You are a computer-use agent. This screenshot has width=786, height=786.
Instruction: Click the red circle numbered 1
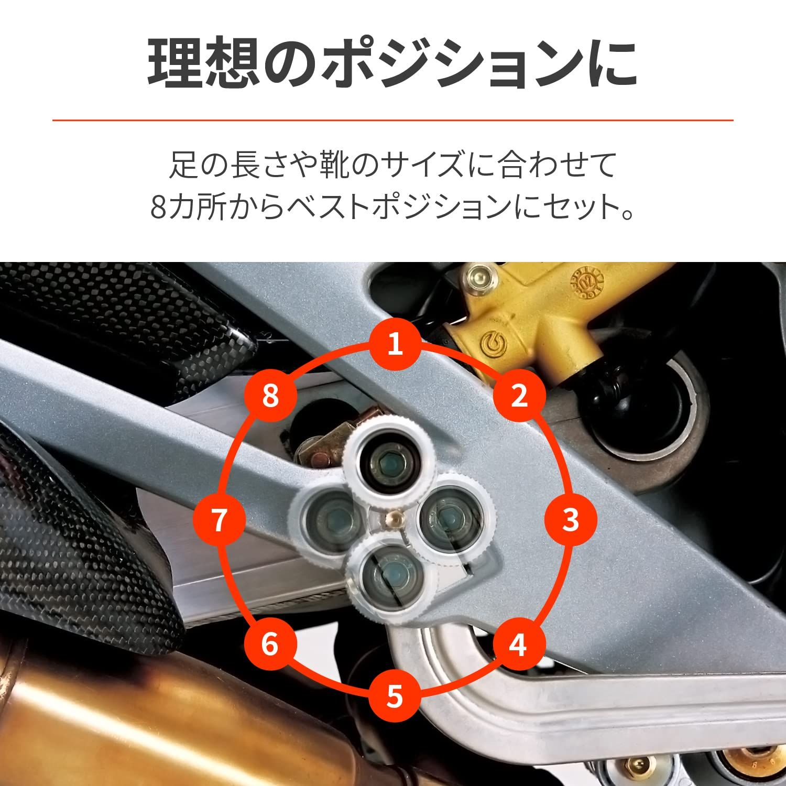[x=395, y=344]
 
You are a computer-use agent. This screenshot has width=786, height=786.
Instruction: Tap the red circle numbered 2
[x=519, y=396]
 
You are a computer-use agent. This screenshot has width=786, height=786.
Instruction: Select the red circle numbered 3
[x=570, y=520]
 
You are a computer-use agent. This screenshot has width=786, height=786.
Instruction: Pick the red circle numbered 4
[x=518, y=644]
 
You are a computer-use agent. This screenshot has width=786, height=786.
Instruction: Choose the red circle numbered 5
[x=395, y=696]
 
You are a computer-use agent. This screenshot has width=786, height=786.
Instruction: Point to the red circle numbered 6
[x=270, y=644]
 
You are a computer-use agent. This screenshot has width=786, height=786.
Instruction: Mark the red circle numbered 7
[x=219, y=520]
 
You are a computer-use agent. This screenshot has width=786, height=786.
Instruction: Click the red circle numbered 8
[x=270, y=396]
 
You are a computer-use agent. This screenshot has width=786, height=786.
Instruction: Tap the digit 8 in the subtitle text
[x=158, y=209]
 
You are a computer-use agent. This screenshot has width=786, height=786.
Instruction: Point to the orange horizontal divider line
[x=393, y=121]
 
